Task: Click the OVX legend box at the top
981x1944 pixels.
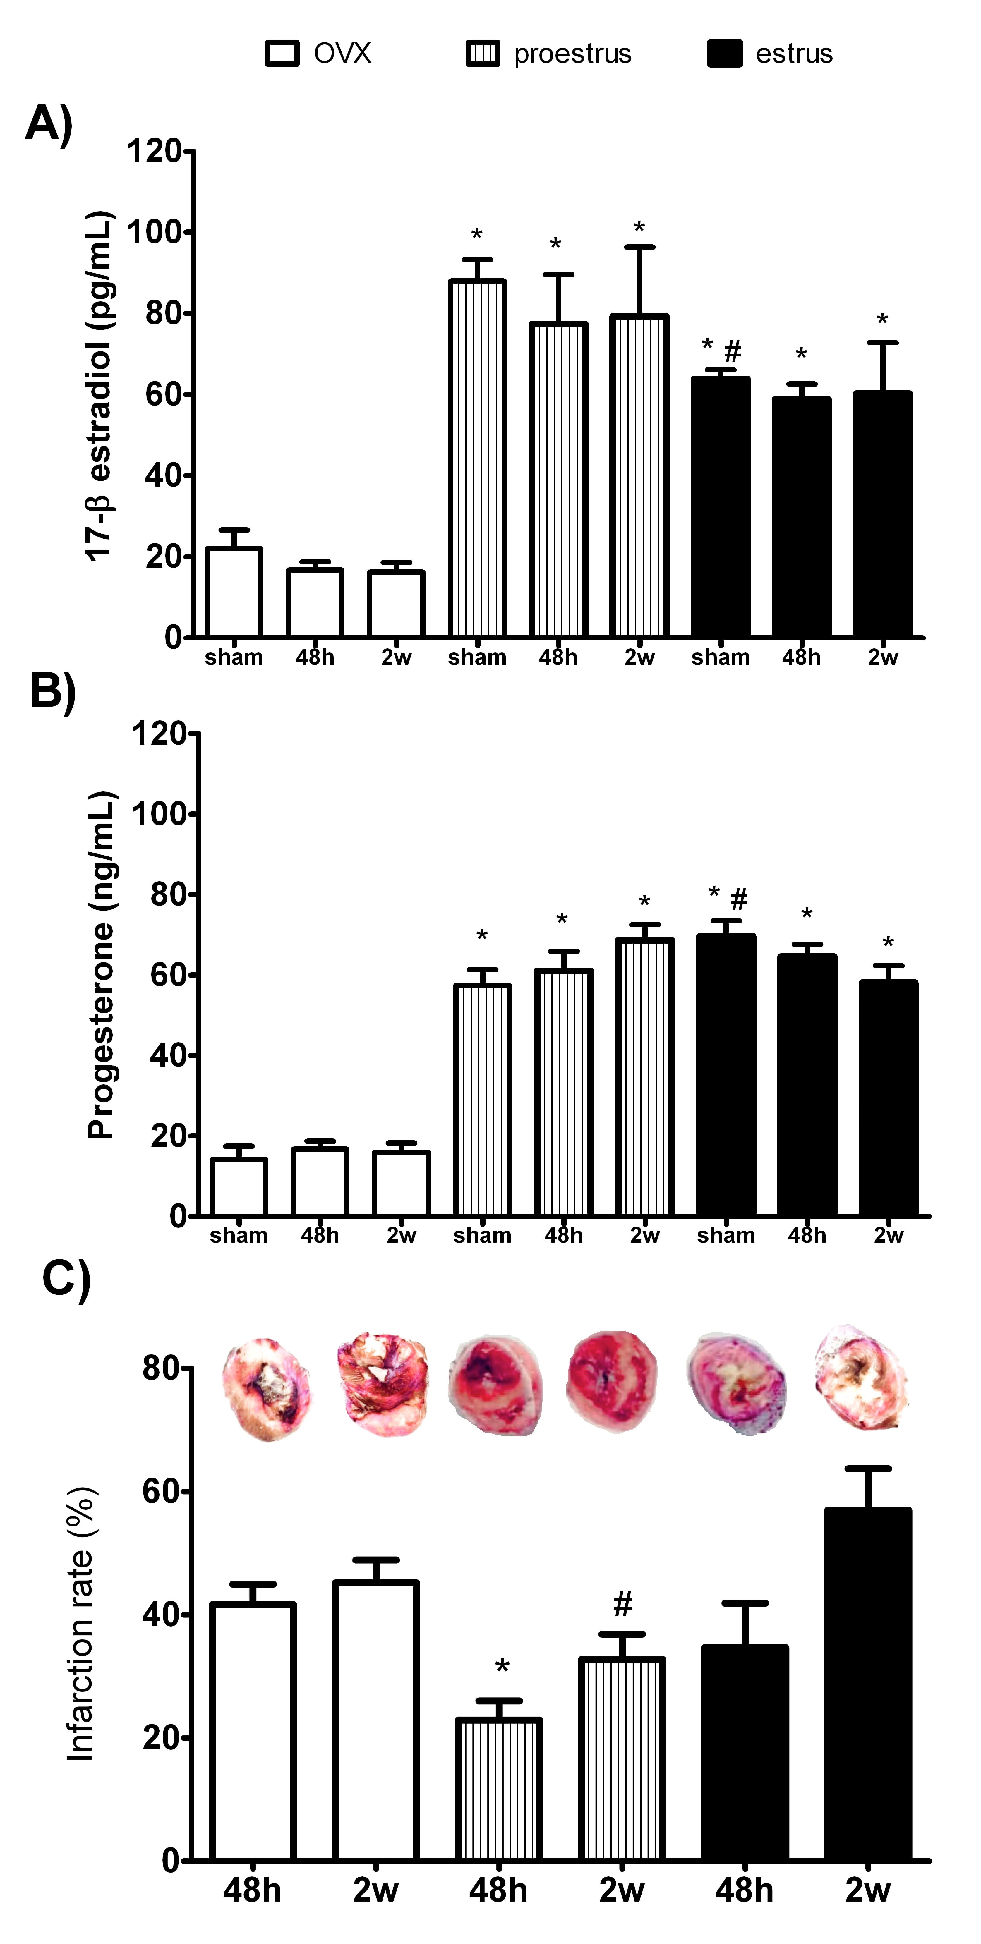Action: pyautogui.click(x=282, y=54)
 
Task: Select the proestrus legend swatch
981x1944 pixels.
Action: pyautogui.click(x=483, y=54)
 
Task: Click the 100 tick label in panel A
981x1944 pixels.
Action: pyautogui.click(x=155, y=232)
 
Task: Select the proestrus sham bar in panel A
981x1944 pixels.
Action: pyautogui.click(x=477, y=458)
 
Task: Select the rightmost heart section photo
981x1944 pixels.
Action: pyautogui.click(x=860, y=1377)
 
